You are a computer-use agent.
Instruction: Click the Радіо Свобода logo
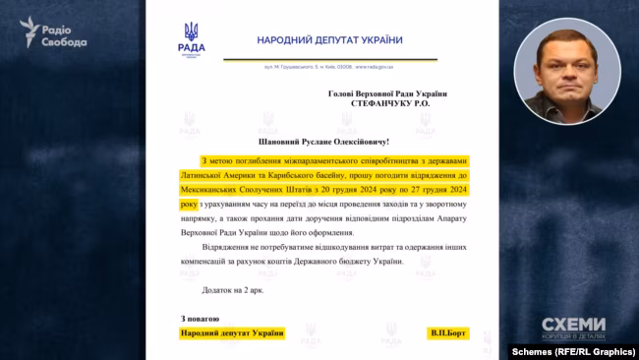tap(53, 33)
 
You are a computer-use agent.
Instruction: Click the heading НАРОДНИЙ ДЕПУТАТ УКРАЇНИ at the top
tap(329, 39)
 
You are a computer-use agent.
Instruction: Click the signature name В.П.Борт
tap(449, 333)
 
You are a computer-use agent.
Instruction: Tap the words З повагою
tap(201, 319)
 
